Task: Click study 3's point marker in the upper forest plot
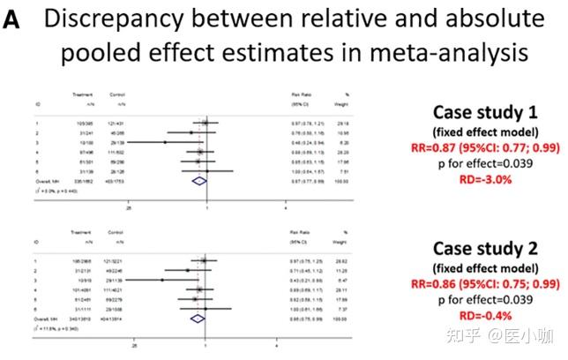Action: coord(165,141)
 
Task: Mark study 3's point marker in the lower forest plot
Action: coord(162,279)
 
